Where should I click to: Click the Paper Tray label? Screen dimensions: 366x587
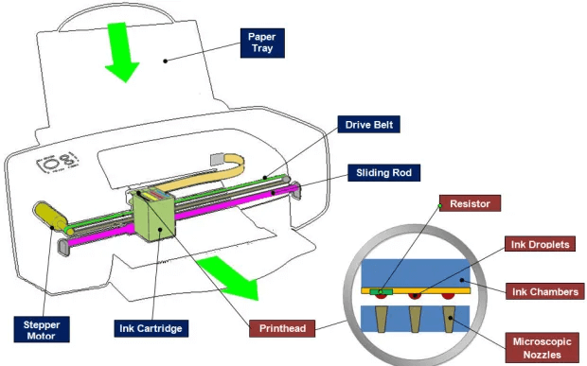(261, 42)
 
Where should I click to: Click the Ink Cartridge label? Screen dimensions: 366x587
(151, 328)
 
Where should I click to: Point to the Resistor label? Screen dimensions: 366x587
(470, 203)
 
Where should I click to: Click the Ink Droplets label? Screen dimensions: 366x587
(541, 244)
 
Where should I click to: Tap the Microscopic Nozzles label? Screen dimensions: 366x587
(543, 347)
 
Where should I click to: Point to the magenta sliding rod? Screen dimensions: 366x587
(227, 209)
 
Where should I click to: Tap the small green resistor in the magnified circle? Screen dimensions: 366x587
(383, 290)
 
